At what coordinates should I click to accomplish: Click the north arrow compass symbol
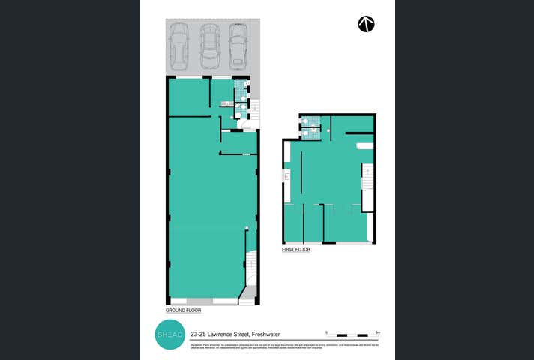(x=366, y=23)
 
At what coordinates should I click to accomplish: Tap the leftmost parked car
(x=179, y=45)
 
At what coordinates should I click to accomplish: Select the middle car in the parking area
(x=209, y=45)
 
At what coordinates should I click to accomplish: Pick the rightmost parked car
(x=238, y=45)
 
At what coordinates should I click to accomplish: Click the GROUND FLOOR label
(x=183, y=310)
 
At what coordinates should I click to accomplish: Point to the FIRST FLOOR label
(x=296, y=250)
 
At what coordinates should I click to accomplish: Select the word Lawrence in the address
(x=223, y=332)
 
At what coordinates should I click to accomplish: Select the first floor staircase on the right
(x=367, y=178)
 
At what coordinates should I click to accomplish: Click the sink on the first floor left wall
(x=286, y=177)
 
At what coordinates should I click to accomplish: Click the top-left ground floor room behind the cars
(x=188, y=97)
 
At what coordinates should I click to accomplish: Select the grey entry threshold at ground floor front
(x=247, y=301)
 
